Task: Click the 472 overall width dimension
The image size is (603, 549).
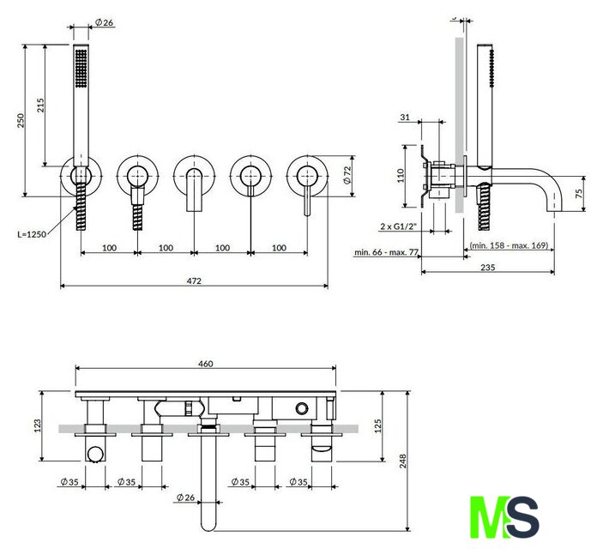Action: [194, 281]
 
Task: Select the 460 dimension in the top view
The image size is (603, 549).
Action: [205, 364]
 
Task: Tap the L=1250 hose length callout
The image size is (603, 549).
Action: [32, 234]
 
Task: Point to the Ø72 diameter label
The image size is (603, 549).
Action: [347, 175]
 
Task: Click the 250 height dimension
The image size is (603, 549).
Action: [21, 120]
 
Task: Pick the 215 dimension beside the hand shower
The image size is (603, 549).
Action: [40, 105]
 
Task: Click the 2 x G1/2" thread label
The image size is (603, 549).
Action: [399, 226]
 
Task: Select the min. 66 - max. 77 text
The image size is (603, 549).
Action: [386, 252]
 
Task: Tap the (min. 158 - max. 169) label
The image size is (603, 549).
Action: [509, 245]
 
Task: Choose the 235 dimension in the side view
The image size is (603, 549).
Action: [487, 267]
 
